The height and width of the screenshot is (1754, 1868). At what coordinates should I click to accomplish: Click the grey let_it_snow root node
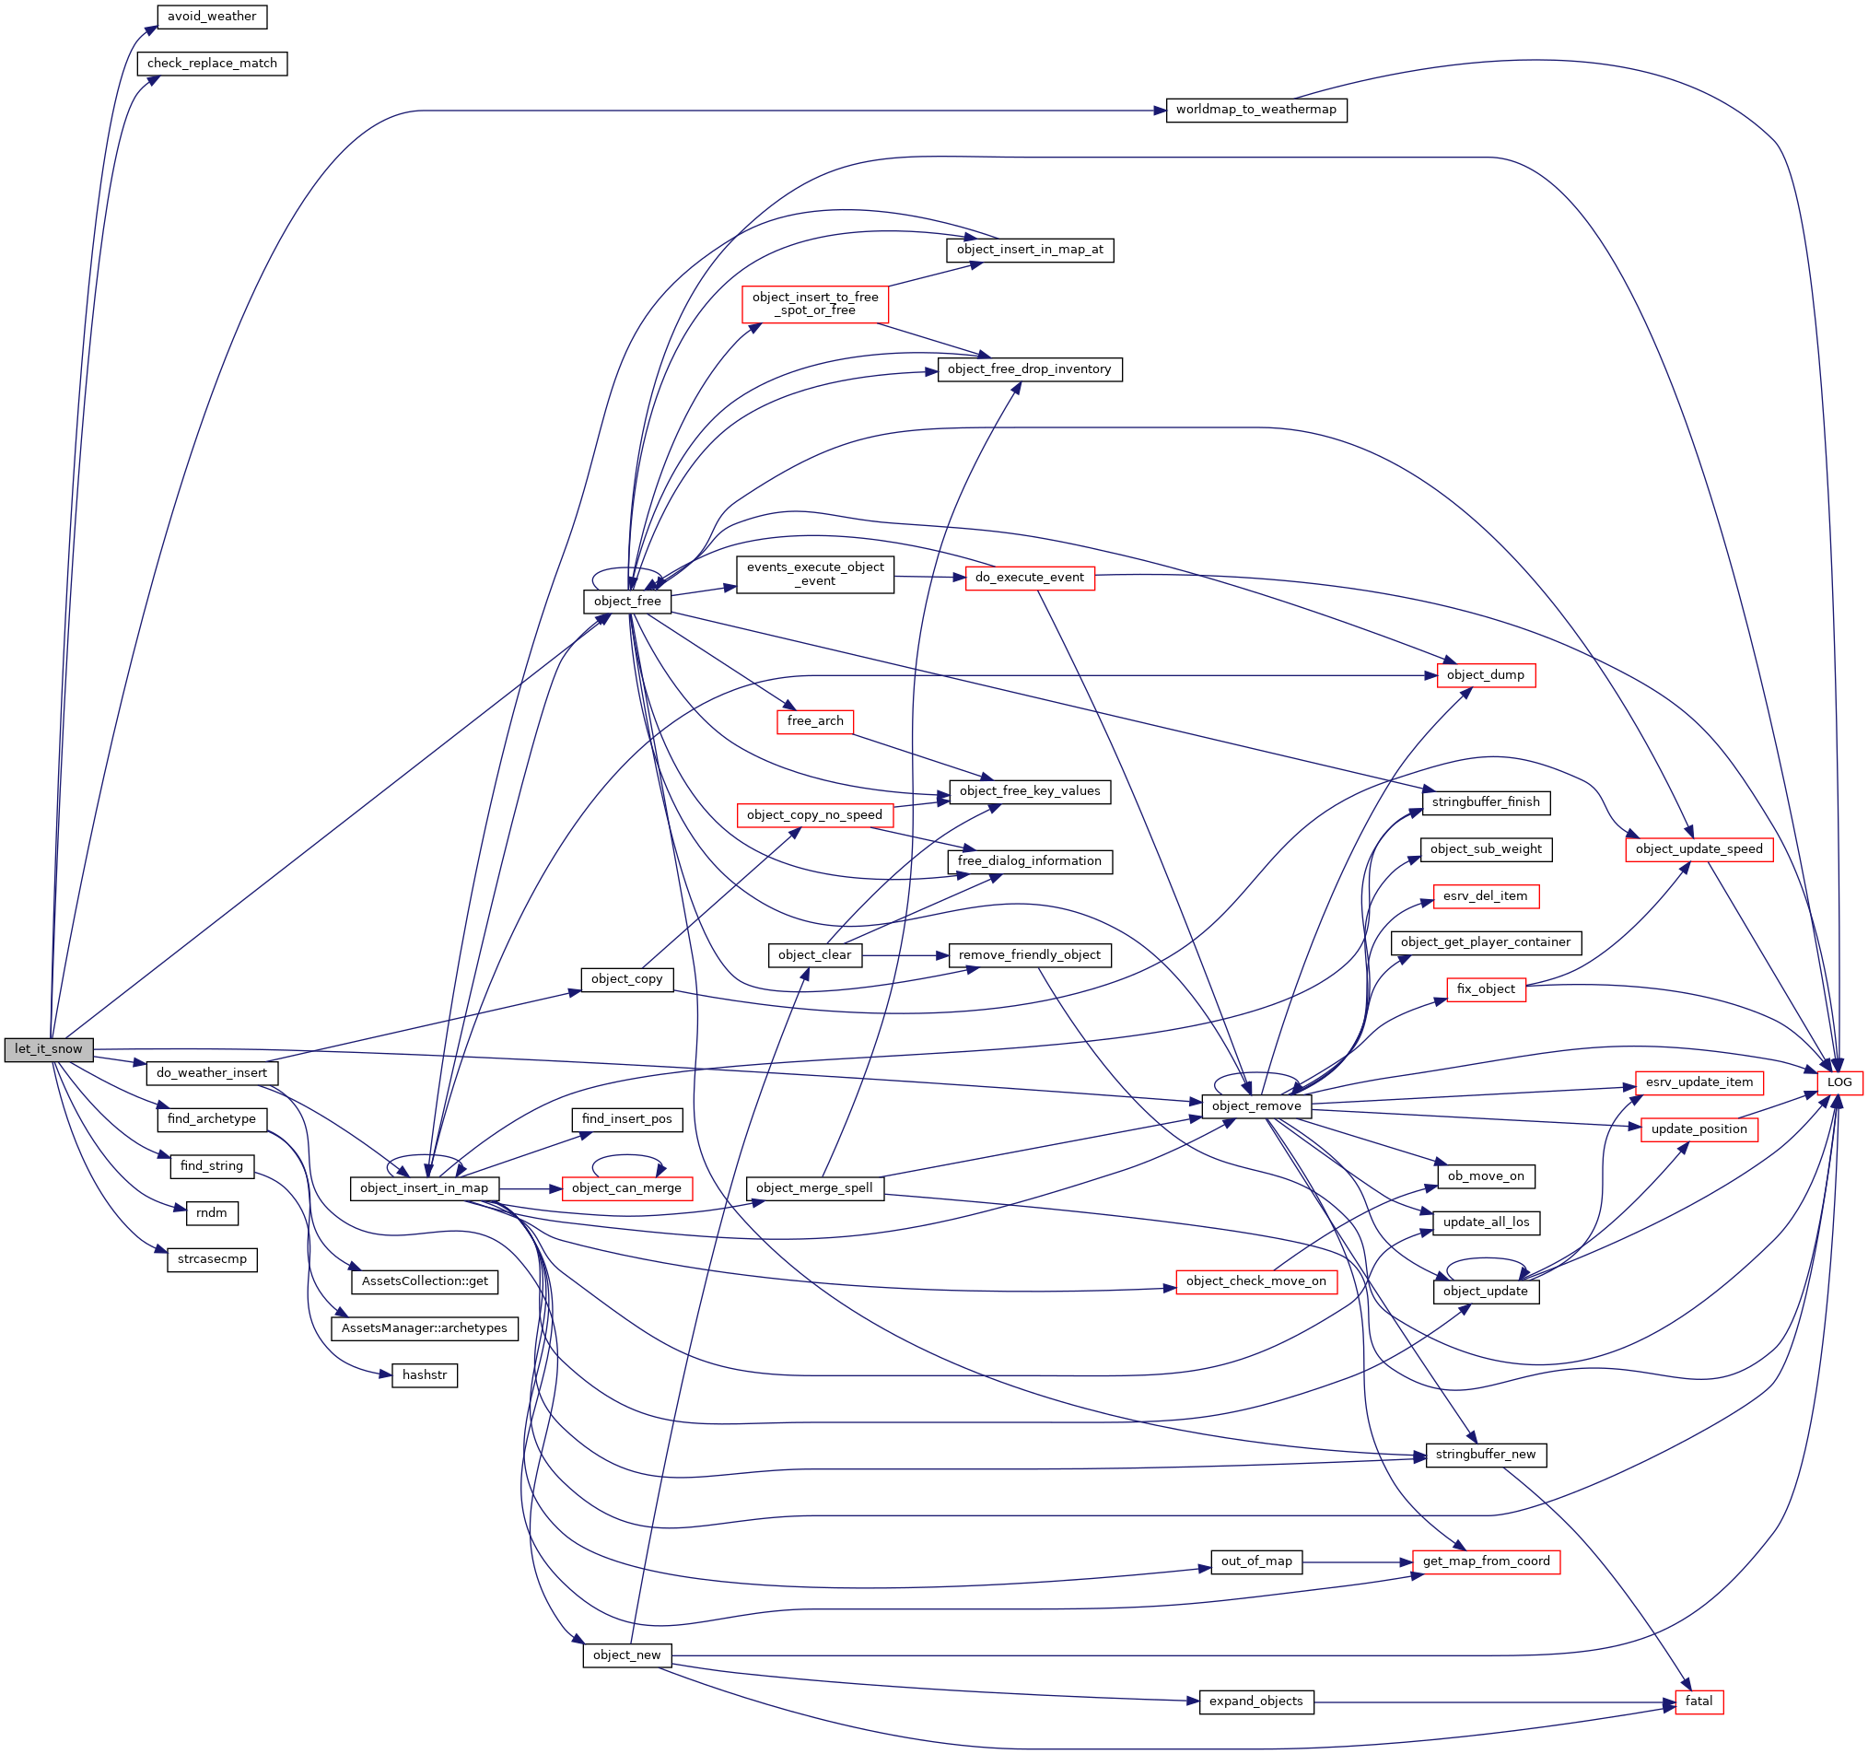point(48,1050)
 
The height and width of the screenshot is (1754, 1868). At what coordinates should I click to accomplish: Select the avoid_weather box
point(212,17)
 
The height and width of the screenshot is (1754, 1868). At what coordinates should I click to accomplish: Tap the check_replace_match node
point(212,64)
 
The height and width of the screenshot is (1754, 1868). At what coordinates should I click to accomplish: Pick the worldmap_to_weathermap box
point(1255,110)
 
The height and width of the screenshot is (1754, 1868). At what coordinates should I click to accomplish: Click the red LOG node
point(1839,1082)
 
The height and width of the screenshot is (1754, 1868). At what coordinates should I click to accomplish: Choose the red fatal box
point(1699,1702)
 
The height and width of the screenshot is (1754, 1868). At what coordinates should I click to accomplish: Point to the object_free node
point(626,602)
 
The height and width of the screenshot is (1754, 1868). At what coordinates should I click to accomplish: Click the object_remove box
point(1255,1106)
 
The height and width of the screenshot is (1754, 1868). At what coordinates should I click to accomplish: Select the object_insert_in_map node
point(424,1189)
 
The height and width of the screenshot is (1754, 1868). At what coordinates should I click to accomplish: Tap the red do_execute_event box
point(1029,579)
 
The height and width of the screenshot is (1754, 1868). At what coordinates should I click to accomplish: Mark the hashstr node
point(424,1376)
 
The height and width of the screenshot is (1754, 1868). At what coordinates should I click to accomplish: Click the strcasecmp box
point(212,1259)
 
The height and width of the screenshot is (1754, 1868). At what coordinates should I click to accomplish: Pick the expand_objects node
point(1255,1702)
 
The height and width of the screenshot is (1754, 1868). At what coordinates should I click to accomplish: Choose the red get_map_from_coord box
point(1486,1562)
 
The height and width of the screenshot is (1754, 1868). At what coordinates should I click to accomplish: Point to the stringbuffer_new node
point(1486,1456)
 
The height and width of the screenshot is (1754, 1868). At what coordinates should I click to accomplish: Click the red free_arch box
point(814,722)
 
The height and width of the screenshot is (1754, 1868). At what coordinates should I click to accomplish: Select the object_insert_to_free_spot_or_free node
point(814,305)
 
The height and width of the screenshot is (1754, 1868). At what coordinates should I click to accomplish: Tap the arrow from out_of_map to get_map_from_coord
point(1358,1562)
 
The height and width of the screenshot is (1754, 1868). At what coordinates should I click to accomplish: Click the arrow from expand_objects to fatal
point(1494,1702)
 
